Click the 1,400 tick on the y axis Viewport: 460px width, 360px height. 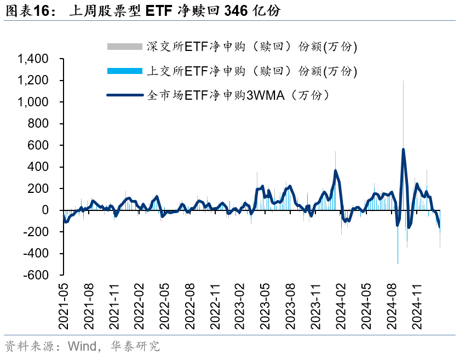pos(33,59)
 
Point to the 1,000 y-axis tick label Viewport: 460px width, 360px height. pos(33,102)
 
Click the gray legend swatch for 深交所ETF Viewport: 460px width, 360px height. pos(125,47)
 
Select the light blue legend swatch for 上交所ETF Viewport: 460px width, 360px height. pos(125,71)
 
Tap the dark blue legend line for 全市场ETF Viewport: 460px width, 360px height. pos(125,95)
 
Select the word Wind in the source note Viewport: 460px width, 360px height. pos(82,346)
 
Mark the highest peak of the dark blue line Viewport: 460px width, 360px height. pos(403,149)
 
